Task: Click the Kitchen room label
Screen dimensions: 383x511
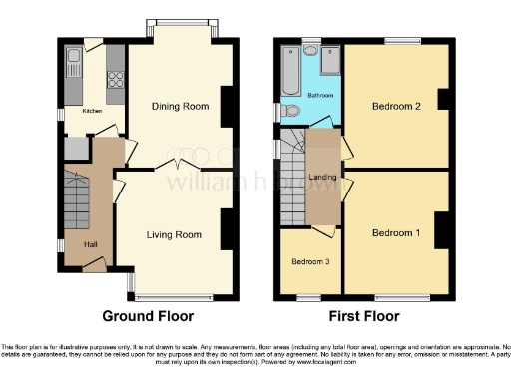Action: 92,112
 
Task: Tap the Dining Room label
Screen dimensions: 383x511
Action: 178,106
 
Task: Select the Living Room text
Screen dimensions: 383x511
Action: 174,235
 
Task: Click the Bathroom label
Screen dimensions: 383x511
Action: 320,95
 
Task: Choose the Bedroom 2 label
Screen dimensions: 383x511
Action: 394,105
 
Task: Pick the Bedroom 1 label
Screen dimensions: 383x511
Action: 395,233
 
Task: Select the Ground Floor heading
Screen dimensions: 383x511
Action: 146,316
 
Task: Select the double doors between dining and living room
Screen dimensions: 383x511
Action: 178,164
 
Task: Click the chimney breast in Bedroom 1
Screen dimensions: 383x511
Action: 440,229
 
